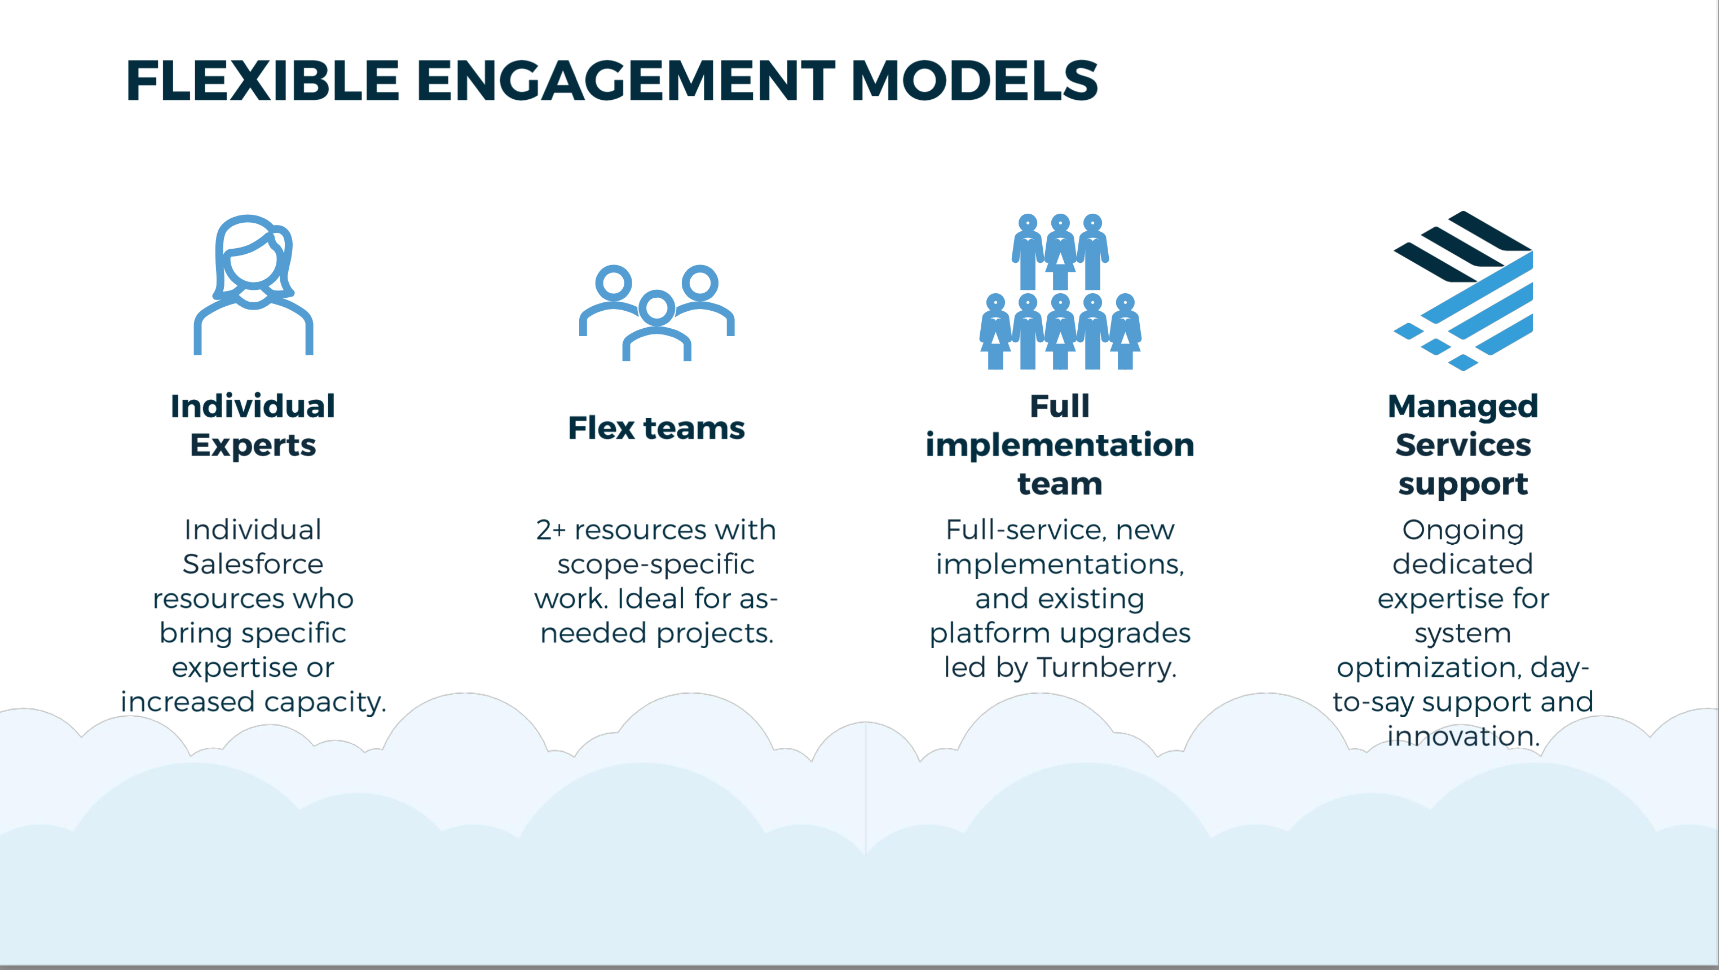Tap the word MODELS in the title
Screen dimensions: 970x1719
click(x=975, y=81)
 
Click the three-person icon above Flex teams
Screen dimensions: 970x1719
click(x=656, y=312)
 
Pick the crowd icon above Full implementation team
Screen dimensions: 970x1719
click(x=1060, y=292)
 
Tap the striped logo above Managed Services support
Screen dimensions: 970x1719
click(x=1463, y=291)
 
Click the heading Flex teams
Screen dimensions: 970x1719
click(x=656, y=427)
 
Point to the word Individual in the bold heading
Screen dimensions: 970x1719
click(x=253, y=406)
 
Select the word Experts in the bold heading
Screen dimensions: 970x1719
click(x=253, y=445)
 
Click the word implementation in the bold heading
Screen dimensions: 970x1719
click(x=1060, y=445)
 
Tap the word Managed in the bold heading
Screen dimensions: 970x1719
click(x=1463, y=406)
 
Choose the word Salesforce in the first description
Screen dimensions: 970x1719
click(x=253, y=565)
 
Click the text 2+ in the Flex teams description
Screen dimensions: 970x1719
click(x=550, y=530)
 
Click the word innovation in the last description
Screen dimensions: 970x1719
click(x=1463, y=737)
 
